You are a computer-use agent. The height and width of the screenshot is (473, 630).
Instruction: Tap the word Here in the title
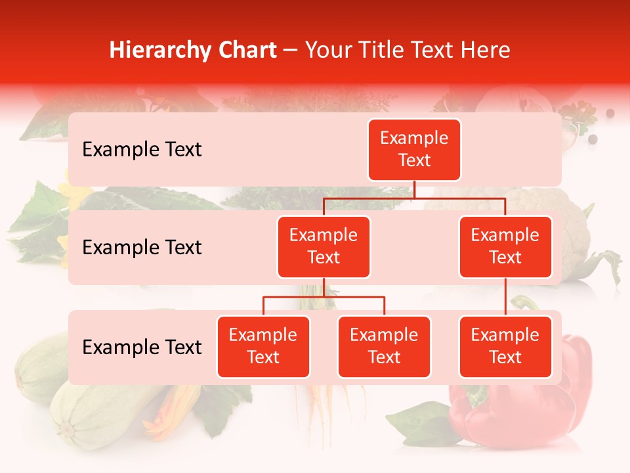pos(486,50)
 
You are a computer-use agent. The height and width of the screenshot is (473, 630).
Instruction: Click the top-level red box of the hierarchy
pos(414,150)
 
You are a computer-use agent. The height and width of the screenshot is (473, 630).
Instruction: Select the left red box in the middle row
pos(324,247)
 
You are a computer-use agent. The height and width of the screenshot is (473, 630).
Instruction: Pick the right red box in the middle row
pos(505,247)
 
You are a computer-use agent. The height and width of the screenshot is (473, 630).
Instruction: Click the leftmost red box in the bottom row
pos(263,347)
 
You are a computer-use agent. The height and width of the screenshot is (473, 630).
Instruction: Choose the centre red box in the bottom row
pos(384,347)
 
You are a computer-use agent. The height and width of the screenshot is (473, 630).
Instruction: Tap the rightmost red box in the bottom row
pos(505,347)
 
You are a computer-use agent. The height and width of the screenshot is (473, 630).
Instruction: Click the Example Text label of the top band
pos(142,150)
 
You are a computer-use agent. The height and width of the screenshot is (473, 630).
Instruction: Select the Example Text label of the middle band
pos(142,248)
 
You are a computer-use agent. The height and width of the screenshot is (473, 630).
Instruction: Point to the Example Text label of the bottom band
pos(142,348)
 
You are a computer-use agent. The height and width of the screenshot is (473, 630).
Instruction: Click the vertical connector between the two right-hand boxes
pos(505,297)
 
